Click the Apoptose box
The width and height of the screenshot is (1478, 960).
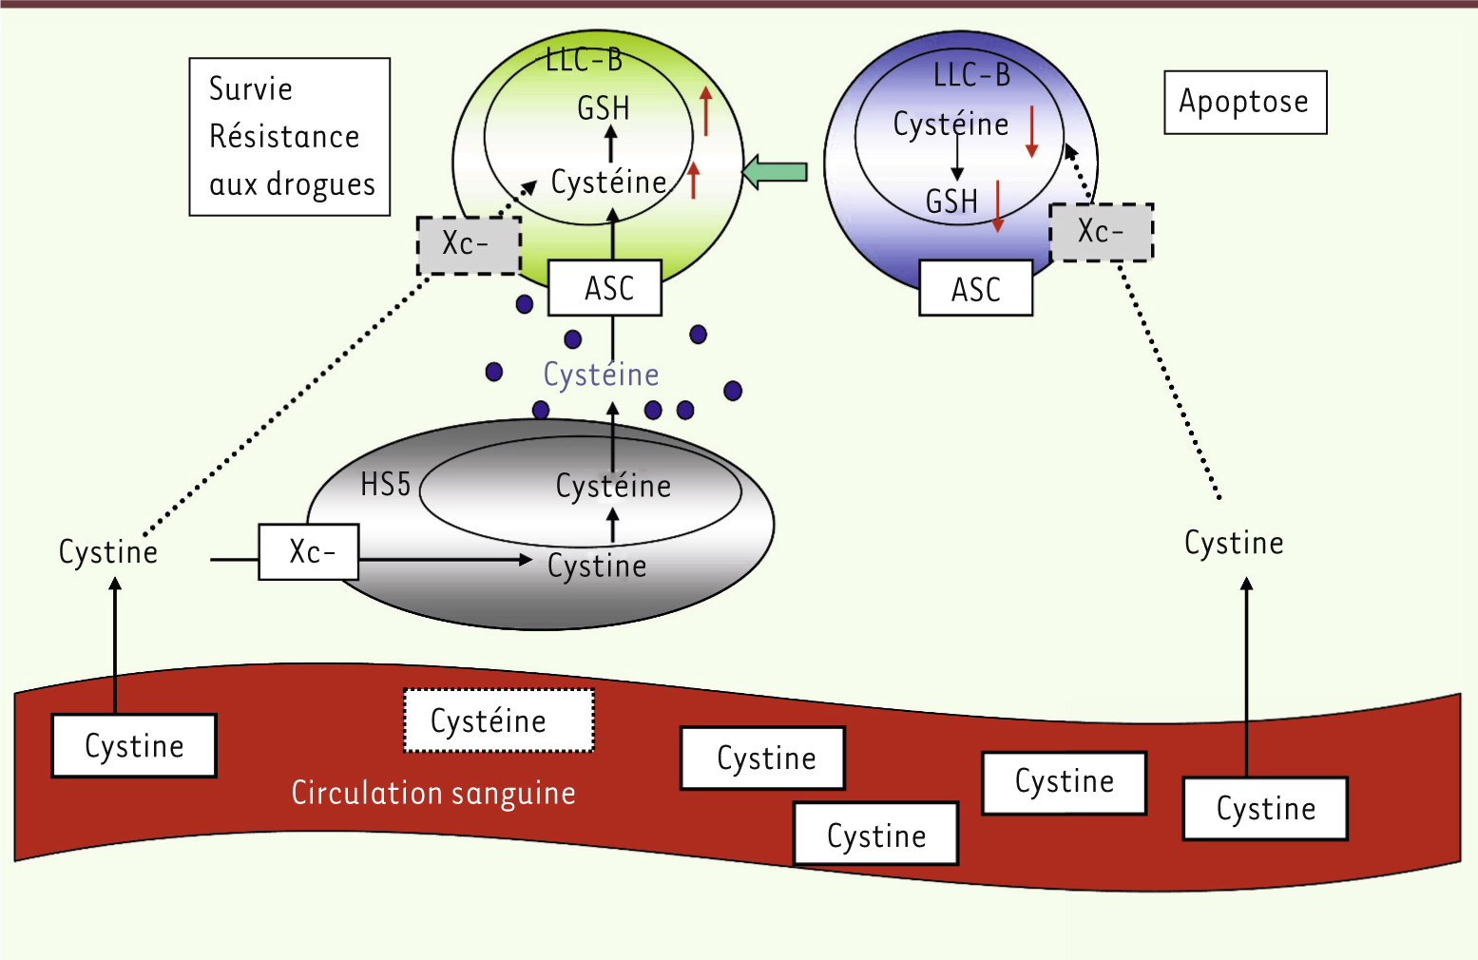click(1244, 102)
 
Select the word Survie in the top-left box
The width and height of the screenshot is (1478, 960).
click(250, 88)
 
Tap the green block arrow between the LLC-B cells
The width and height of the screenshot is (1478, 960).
click(774, 172)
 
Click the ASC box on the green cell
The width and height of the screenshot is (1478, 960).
click(605, 288)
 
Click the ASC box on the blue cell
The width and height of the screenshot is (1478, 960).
click(975, 289)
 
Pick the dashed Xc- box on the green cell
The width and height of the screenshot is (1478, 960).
click(469, 245)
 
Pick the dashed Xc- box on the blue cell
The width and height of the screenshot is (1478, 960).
click(1101, 232)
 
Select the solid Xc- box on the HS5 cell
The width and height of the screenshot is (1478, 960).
click(309, 551)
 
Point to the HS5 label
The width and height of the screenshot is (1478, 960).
click(385, 485)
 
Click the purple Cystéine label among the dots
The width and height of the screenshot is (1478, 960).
click(601, 374)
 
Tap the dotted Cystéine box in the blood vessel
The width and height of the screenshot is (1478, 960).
click(498, 721)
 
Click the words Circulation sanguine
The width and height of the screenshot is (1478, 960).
click(433, 793)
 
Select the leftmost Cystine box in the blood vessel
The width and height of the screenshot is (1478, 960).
click(134, 746)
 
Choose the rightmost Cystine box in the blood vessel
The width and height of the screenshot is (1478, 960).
click(1265, 809)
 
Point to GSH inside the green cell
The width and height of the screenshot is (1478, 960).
click(604, 108)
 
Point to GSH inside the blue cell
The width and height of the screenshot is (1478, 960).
click(951, 202)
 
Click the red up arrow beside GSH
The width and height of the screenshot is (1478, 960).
click(705, 111)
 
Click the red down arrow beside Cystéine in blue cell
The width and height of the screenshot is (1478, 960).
click(1031, 131)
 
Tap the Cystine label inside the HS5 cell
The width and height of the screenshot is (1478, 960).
click(597, 566)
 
